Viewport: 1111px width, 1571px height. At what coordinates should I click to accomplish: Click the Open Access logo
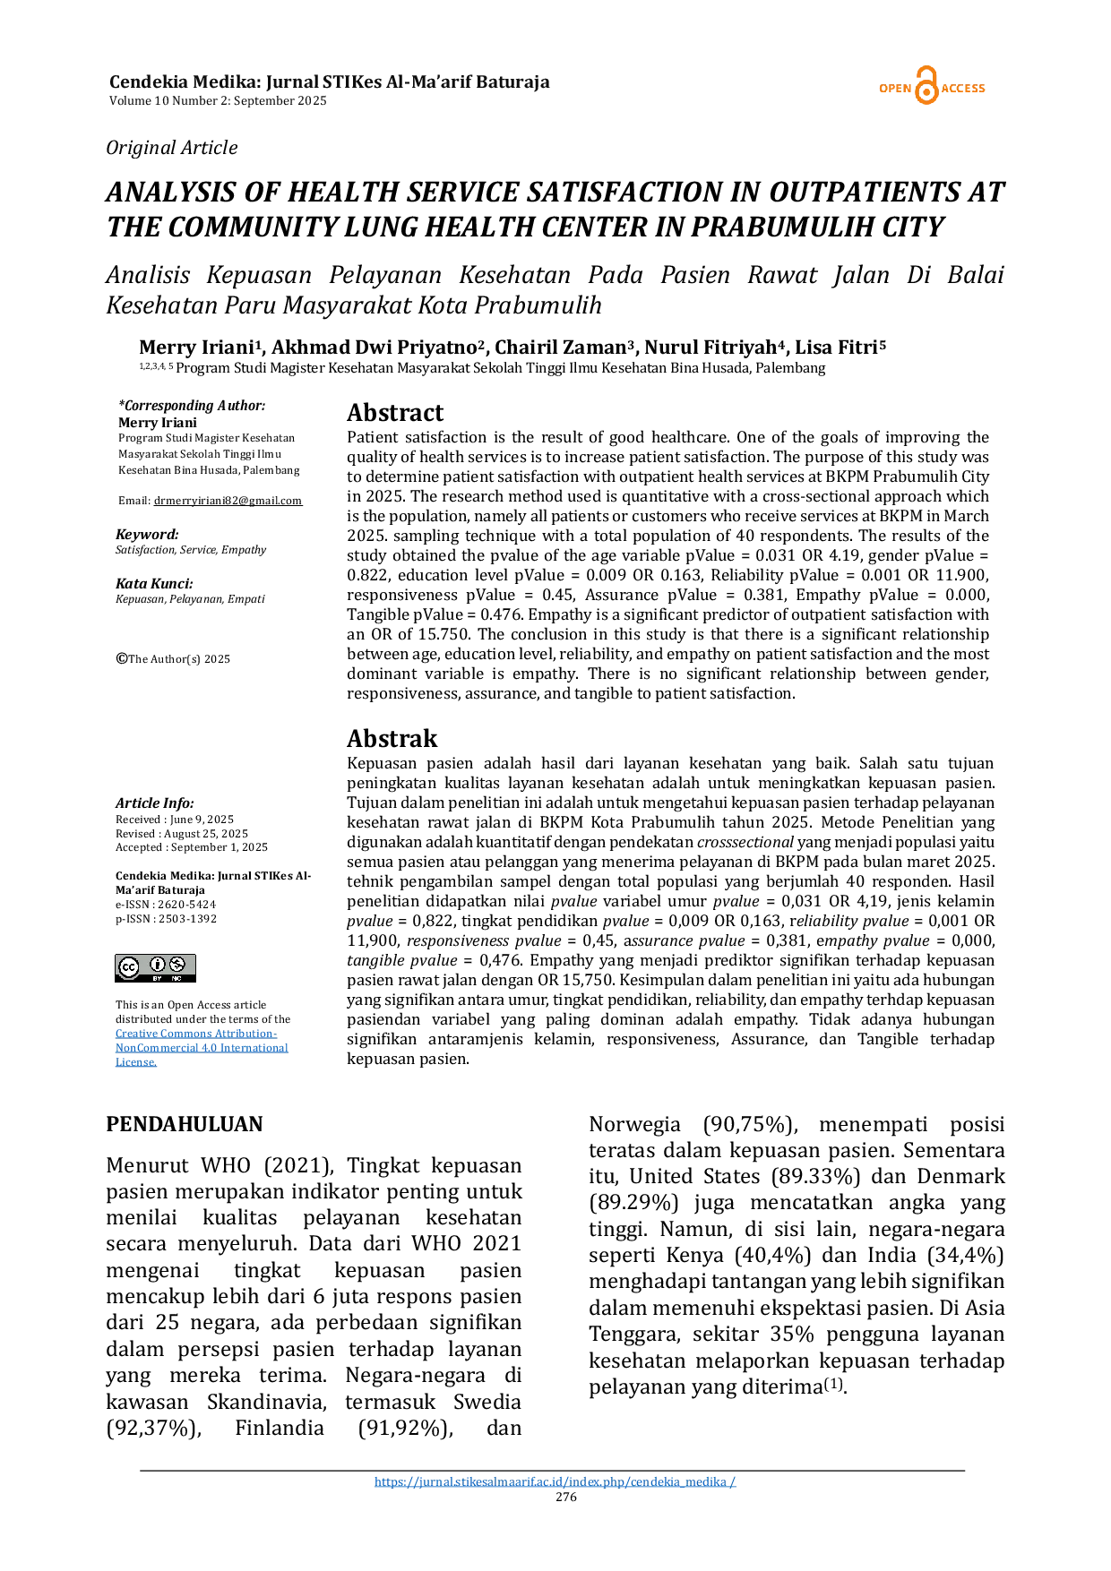932,87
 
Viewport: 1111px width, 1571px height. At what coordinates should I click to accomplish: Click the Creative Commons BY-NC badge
155,968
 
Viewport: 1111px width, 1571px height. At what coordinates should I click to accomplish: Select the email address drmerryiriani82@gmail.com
228,501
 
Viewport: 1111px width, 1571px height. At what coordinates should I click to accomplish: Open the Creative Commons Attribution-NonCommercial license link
202,1048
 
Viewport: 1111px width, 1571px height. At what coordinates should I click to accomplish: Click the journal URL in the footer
555,1481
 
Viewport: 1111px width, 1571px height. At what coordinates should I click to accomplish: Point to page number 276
566,1497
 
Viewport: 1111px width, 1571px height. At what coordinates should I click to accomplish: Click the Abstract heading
395,413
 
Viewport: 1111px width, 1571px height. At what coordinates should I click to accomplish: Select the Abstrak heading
392,739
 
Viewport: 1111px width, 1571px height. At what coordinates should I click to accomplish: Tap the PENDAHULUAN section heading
185,1124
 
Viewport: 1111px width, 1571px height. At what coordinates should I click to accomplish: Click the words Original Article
172,148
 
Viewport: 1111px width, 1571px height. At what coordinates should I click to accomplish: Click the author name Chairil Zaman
561,348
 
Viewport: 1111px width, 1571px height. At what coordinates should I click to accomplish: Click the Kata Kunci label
154,584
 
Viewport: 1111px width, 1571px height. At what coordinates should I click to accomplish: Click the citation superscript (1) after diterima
833,1384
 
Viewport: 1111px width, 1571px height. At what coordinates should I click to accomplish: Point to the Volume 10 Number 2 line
218,101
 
